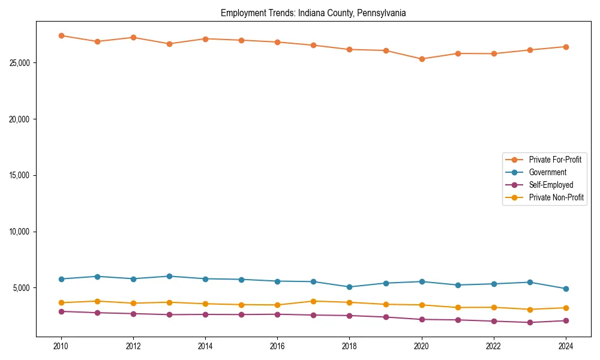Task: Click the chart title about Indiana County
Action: pos(313,13)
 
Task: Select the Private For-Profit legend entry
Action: pos(554,160)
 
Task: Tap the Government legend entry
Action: pos(547,172)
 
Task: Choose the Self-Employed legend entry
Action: pos(551,185)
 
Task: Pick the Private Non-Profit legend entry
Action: pos(556,197)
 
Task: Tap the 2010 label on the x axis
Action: pos(61,346)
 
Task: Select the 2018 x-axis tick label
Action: pos(349,346)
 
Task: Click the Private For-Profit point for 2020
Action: pos(422,59)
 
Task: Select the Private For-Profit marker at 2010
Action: pos(61,35)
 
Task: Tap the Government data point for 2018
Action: pos(349,287)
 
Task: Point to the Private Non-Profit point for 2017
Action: pos(313,301)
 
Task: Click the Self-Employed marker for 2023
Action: pos(530,322)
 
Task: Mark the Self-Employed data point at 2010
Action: pos(61,311)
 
